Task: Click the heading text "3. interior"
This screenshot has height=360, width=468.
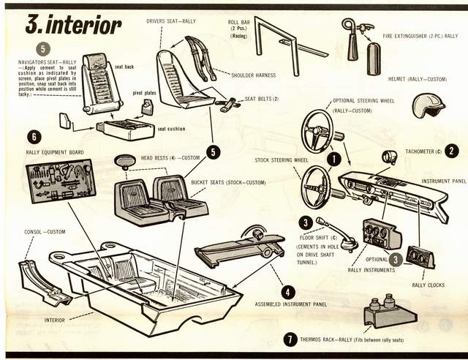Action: point(73,24)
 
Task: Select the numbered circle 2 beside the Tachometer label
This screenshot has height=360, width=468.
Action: point(453,151)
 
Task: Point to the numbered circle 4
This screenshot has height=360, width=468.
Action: point(289,291)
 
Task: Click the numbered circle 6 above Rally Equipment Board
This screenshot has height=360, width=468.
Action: point(33,137)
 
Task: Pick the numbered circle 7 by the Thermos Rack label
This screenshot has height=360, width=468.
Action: point(291,339)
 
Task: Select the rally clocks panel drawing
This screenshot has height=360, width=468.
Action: point(420,256)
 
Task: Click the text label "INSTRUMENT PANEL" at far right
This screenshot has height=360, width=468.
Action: point(444,181)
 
